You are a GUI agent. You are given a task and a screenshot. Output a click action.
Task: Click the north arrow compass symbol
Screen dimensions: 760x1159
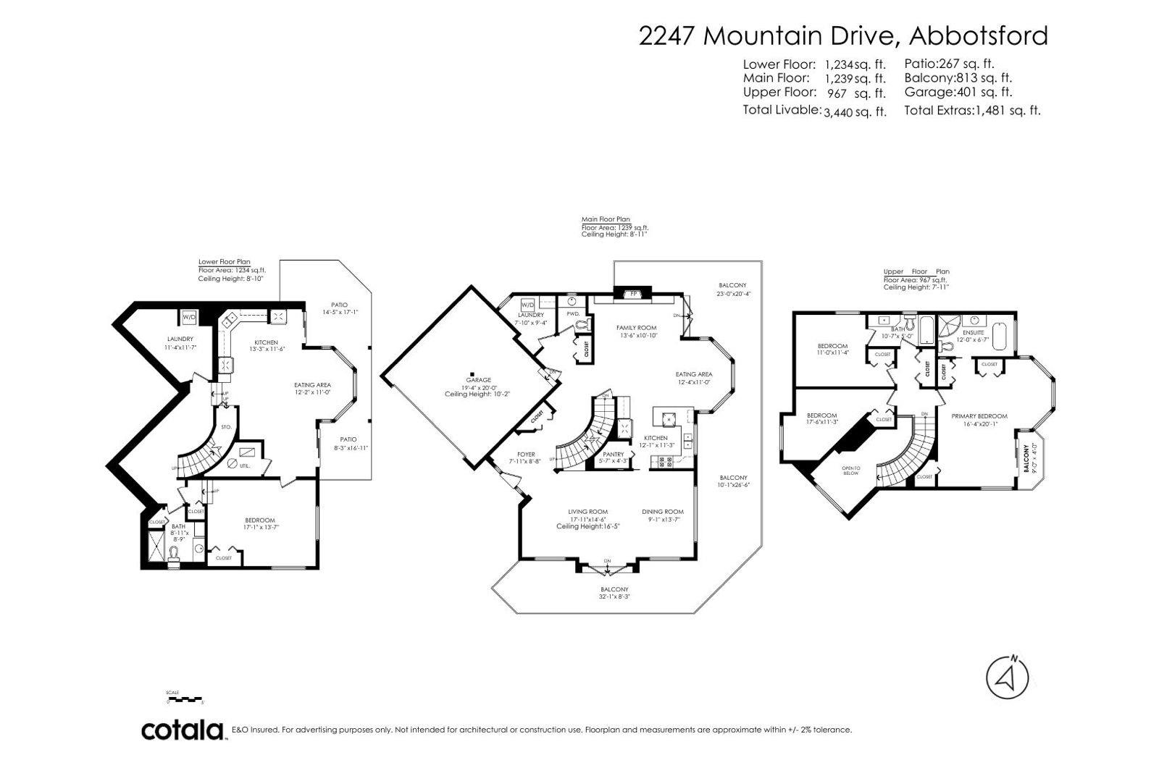1008,677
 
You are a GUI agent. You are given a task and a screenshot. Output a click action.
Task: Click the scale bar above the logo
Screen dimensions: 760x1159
185,699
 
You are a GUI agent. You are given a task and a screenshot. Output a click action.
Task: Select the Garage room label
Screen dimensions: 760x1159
478,380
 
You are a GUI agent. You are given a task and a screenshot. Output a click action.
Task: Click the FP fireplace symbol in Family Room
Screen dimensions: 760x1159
632,294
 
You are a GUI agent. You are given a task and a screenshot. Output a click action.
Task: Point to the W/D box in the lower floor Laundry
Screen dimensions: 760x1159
188,317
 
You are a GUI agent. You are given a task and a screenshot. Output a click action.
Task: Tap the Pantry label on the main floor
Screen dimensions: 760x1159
613,455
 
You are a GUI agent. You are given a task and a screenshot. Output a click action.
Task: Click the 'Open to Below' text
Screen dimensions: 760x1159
850,470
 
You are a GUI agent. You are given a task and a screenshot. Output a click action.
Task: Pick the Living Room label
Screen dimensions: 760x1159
587,512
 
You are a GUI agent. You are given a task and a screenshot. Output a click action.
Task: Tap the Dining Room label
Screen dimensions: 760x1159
662,512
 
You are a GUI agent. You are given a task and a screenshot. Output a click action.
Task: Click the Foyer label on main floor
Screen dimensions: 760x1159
526,455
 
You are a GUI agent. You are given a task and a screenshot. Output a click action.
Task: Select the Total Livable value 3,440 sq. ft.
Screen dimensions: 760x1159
855,111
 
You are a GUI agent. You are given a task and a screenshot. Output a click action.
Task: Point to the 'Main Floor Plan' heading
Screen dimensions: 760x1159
606,219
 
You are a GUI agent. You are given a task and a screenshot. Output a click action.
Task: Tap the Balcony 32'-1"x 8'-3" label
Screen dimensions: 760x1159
614,589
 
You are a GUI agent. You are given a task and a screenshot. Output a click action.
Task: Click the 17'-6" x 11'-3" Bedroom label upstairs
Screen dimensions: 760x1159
821,415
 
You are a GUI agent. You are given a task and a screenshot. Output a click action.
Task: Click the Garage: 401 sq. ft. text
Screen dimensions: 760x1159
958,92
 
